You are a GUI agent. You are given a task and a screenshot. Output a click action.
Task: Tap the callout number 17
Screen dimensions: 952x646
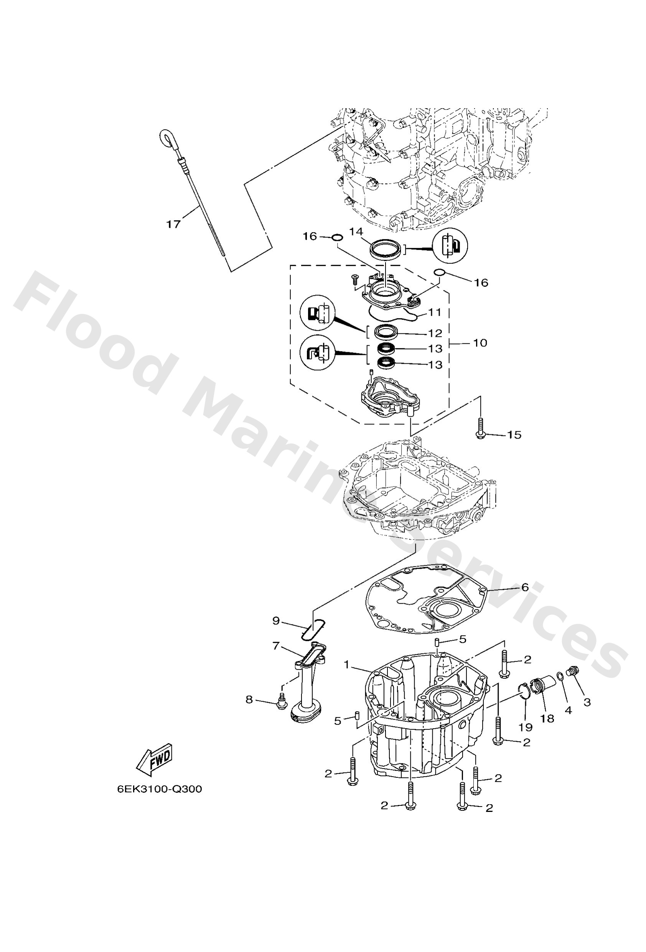click(173, 224)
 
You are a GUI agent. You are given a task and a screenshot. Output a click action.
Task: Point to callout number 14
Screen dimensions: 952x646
click(356, 232)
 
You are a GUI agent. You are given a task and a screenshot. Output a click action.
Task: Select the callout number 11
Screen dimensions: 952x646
click(435, 313)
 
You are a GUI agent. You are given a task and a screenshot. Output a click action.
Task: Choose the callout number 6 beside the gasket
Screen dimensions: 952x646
click(525, 587)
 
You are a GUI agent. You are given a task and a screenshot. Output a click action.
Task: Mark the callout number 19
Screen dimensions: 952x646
click(526, 727)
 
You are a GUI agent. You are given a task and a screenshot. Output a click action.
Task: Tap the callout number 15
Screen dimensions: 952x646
click(514, 435)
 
